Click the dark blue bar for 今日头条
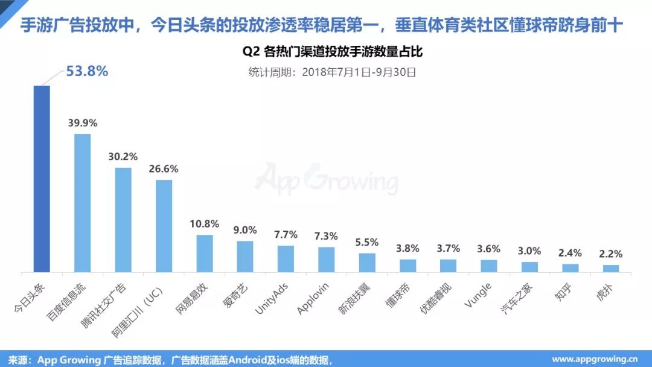42,179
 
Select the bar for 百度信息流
82,203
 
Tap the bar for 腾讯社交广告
123,220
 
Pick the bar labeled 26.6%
164,226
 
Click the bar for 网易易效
205,254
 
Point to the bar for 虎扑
611,269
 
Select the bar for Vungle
489,266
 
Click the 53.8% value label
87,71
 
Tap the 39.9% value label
83,123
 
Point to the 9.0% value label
245,230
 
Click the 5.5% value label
367,242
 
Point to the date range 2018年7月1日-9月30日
359,72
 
